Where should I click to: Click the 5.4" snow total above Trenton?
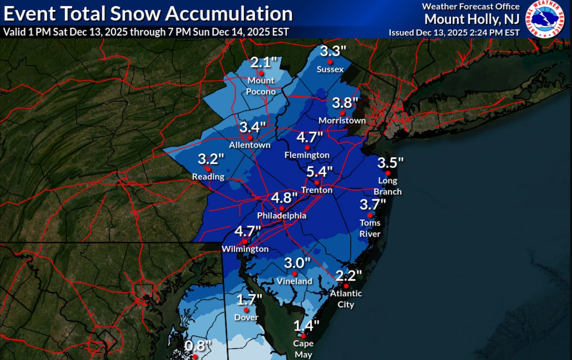(x=320, y=172)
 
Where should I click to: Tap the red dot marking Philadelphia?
(x=282, y=208)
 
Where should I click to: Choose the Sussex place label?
(x=330, y=69)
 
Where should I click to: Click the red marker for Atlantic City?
(x=346, y=286)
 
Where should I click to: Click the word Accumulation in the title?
(x=229, y=14)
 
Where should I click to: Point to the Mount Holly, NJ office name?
(x=472, y=19)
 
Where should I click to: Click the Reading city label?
(x=208, y=176)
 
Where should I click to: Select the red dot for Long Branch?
(x=388, y=173)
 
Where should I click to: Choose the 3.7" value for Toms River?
(x=372, y=205)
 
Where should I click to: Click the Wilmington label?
(x=246, y=249)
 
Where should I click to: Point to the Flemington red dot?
(x=307, y=147)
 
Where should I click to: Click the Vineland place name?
(x=294, y=281)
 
